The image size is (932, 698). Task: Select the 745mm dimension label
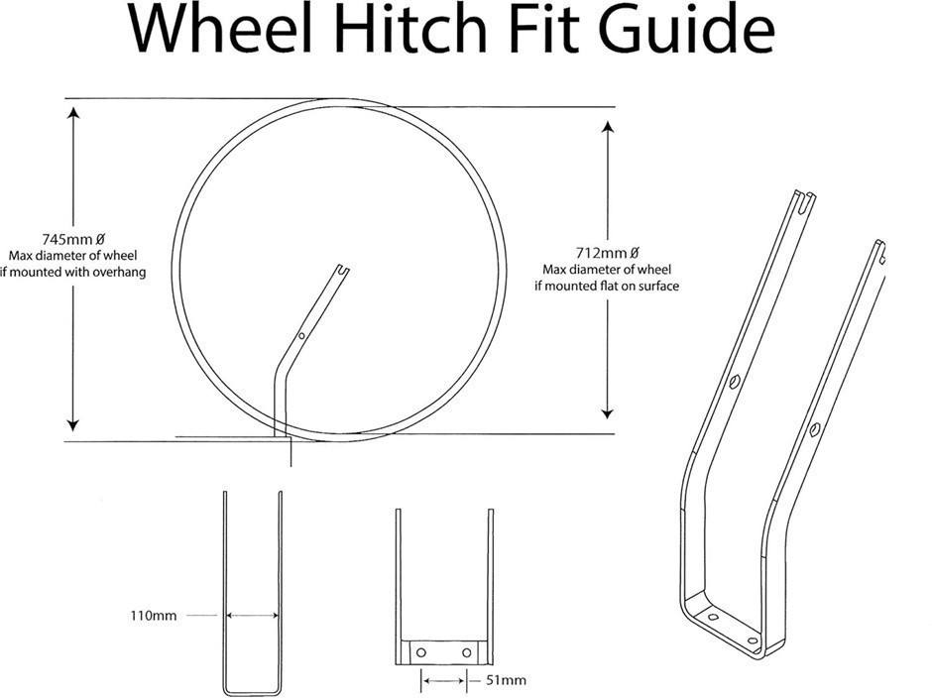click(73, 239)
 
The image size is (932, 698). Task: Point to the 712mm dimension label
click(607, 253)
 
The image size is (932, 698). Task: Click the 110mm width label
click(154, 616)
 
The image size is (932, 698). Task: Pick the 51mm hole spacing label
click(506, 679)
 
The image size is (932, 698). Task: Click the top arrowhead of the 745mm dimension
click(73, 112)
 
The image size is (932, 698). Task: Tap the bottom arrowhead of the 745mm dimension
click(73, 424)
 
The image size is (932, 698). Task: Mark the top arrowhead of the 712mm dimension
click(607, 126)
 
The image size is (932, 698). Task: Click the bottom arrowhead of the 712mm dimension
click(607, 412)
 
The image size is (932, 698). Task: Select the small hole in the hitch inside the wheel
click(302, 336)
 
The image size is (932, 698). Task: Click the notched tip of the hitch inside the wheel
click(342, 270)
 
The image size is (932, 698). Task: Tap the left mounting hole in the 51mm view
click(421, 652)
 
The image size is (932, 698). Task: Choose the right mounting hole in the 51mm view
click(467, 652)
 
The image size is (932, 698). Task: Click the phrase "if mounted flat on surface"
click(607, 286)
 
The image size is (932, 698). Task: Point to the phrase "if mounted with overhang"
click(73, 273)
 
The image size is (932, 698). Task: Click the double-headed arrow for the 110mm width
click(253, 616)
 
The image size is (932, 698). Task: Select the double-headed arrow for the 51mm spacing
click(444, 679)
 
